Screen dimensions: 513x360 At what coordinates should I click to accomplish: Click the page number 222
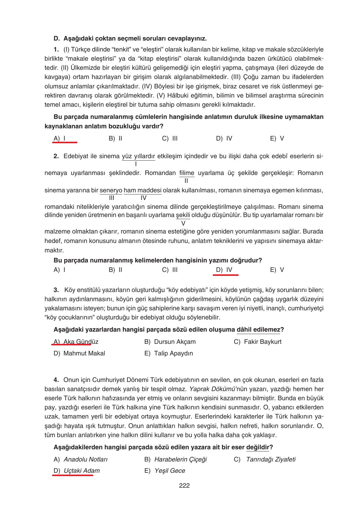[x=184, y=486]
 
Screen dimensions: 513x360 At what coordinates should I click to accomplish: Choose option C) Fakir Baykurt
[x=258, y=342]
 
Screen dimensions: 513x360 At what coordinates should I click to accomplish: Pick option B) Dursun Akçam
[x=170, y=342]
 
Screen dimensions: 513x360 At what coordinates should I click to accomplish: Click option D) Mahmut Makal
[x=79, y=353]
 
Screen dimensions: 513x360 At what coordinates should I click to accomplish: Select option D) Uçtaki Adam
[x=77, y=471]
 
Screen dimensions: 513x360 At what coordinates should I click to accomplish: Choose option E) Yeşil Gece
[x=165, y=471]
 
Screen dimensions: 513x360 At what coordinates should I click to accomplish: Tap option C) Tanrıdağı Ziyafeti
[x=265, y=459]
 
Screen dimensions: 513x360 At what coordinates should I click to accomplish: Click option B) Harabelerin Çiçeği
[x=175, y=459]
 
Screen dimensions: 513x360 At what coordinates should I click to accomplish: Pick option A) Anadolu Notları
[x=80, y=459]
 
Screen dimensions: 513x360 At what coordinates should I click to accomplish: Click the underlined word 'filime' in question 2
[x=187, y=173]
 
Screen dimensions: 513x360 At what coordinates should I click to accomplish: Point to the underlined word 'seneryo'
[x=111, y=191]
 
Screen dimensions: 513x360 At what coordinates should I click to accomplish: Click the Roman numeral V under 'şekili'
[x=183, y=223]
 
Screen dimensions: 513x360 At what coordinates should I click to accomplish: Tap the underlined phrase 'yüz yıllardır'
[x=138, y=156]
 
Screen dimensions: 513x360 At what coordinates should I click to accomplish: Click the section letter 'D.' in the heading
[x=56, y=39]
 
